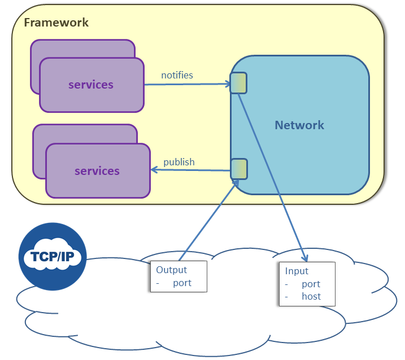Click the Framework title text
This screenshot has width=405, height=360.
(x=56, y=23)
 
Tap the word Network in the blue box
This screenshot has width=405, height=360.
(x=299, y=125)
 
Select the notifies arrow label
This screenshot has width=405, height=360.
(x=177, y=75)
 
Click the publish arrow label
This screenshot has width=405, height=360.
(x=178, y=162)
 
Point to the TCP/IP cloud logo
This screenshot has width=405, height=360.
(x=53, y=257)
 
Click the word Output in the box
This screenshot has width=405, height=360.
(x=171, y=270)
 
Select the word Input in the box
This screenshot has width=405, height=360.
(x=297, y=271)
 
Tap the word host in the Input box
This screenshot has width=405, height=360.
(x=311, y=296)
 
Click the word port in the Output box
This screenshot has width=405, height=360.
(x=182, y=283)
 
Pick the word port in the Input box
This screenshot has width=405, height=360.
(x=311, y=284)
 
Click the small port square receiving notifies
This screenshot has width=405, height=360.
(x=238, y=83)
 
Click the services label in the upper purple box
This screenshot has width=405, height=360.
(x=91, y=85)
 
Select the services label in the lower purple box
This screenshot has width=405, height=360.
(x=97, y=170)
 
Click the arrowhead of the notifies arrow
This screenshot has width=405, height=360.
(x=228, y=85)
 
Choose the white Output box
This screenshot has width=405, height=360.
(x=178, y=276)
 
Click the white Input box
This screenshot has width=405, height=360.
(x=307, y=284)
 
